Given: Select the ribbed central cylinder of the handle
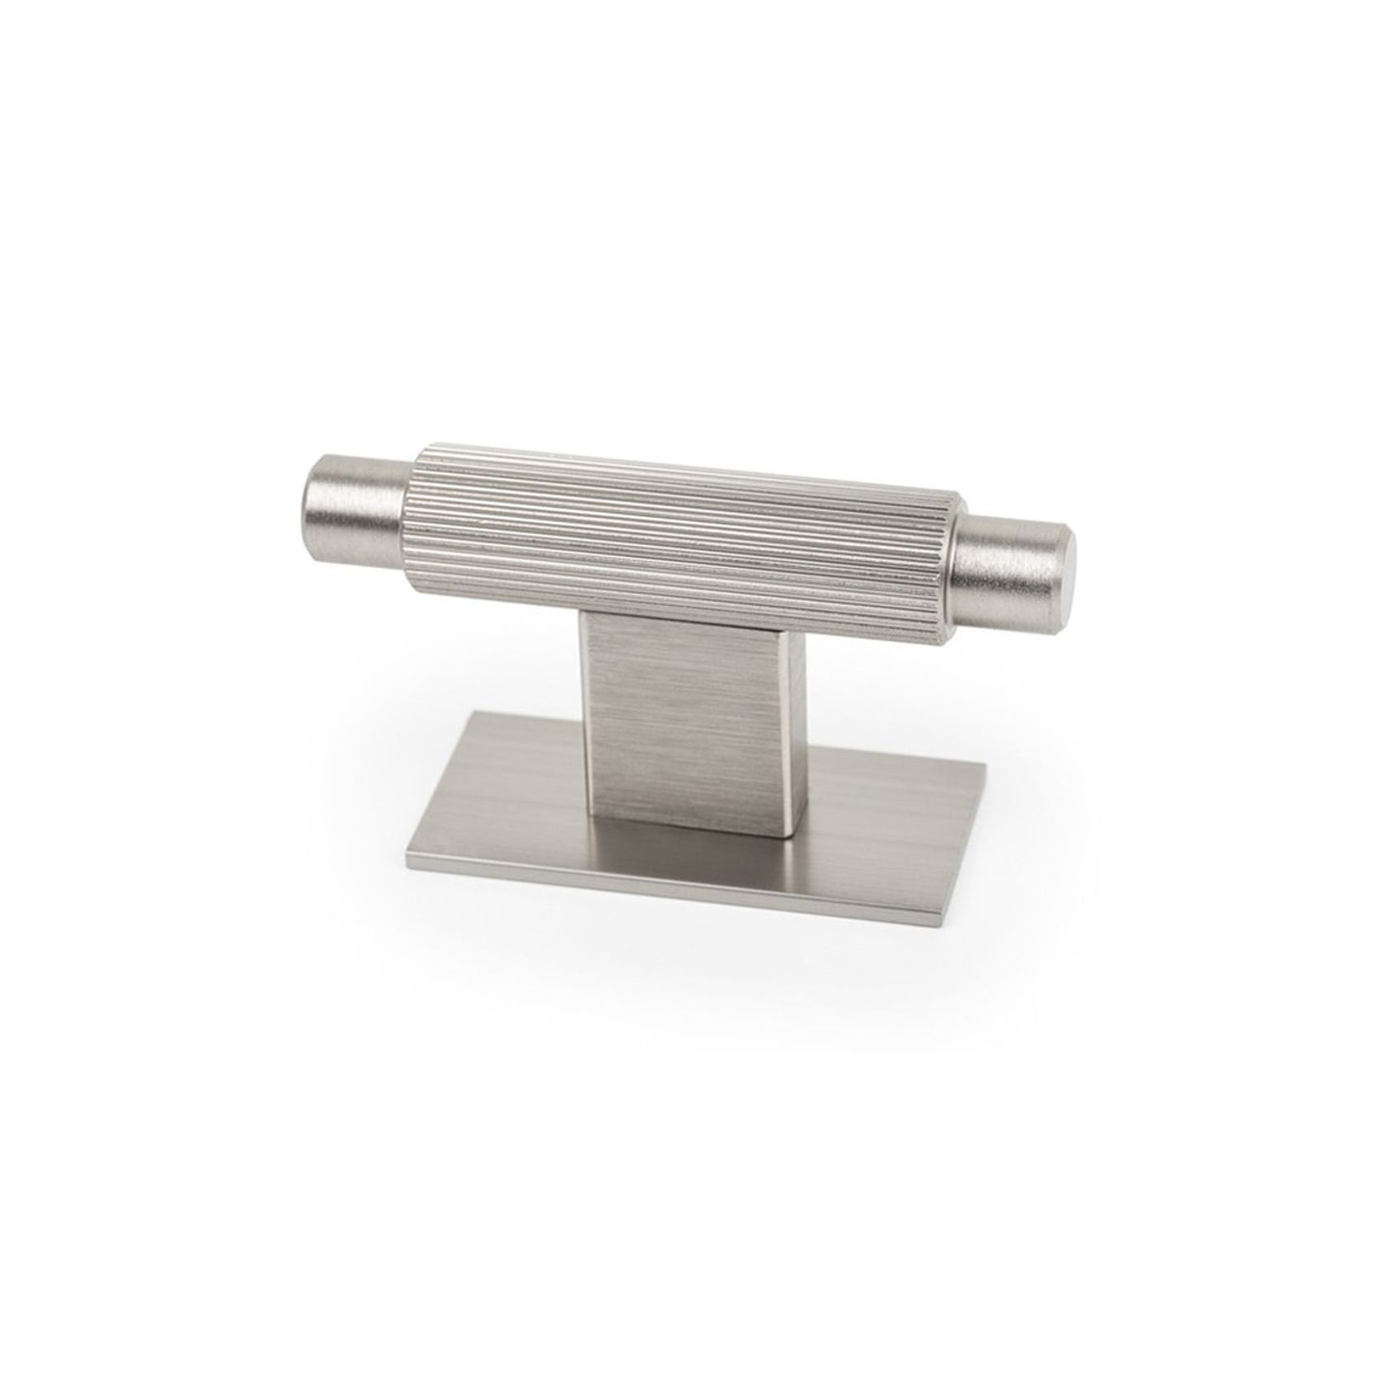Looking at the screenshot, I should tap(684, 536).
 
